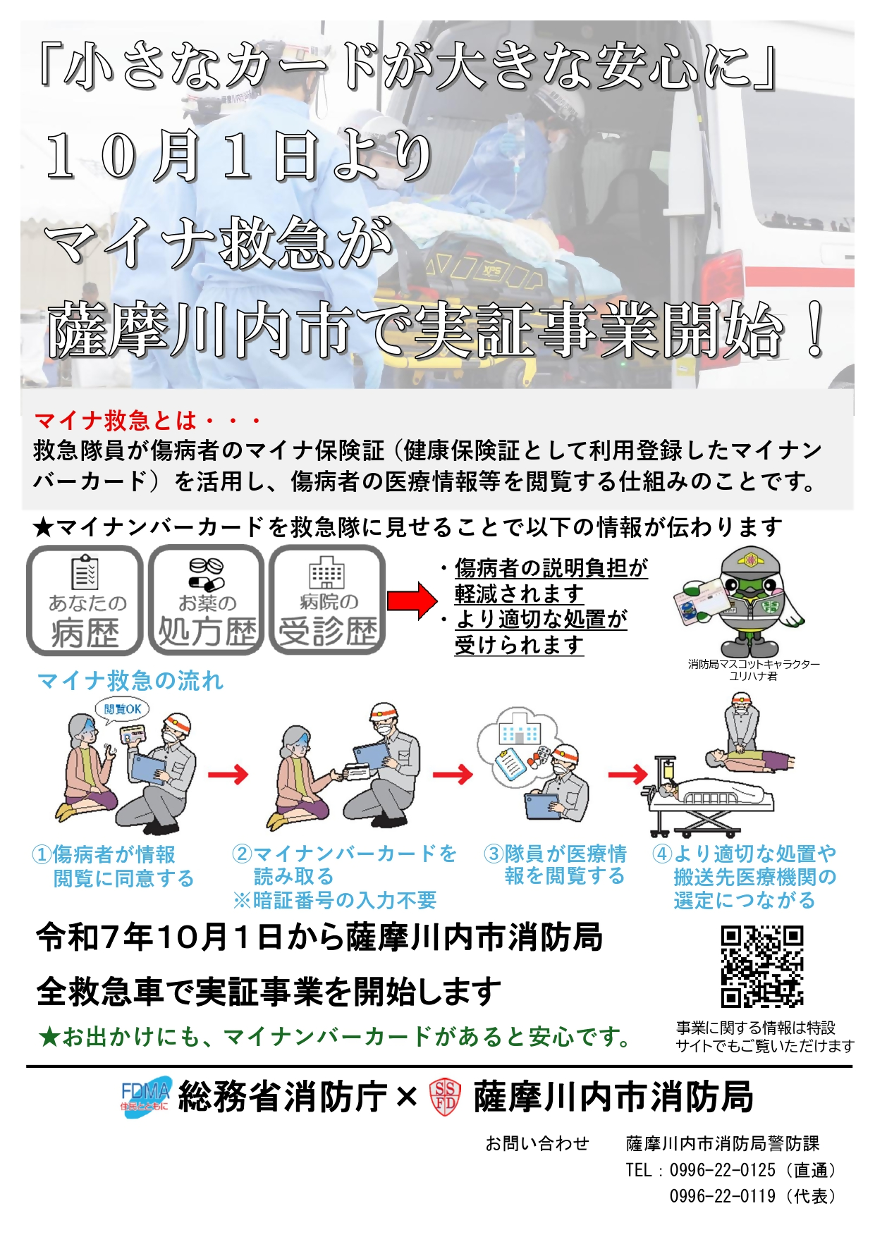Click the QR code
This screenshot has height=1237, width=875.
point(761,967)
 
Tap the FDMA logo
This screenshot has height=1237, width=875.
point(145,1097)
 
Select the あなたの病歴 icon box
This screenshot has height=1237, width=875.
point(85,601)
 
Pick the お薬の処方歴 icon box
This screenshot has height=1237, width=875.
point(206,601)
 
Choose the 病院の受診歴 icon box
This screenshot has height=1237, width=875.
point(327,601)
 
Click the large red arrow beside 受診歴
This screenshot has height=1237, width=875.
point(412,601)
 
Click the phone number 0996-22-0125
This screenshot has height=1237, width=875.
point(722,1170)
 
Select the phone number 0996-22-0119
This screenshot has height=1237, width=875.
point(722,1196)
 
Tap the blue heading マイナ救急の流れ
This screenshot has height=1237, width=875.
point(130,681)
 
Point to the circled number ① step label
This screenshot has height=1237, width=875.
point(42,855)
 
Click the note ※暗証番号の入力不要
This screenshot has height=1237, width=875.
point(335,900)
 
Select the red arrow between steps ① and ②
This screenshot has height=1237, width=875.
point(228,775)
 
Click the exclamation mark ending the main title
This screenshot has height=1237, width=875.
point(816,330)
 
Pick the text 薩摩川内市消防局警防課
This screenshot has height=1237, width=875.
point(723,1143)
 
